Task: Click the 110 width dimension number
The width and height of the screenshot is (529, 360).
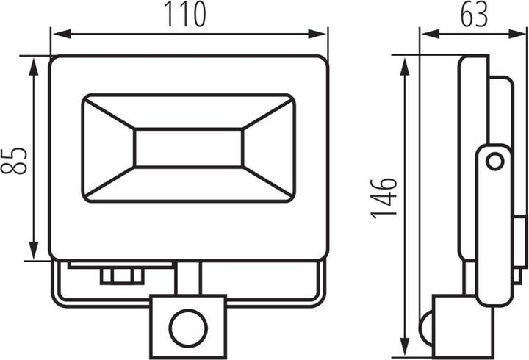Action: (184, 15)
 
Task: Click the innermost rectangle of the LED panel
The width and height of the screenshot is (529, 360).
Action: (189, 148)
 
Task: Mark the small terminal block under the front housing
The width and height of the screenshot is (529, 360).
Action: (122, 276)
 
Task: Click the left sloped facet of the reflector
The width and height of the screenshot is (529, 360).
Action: (109, 148)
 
